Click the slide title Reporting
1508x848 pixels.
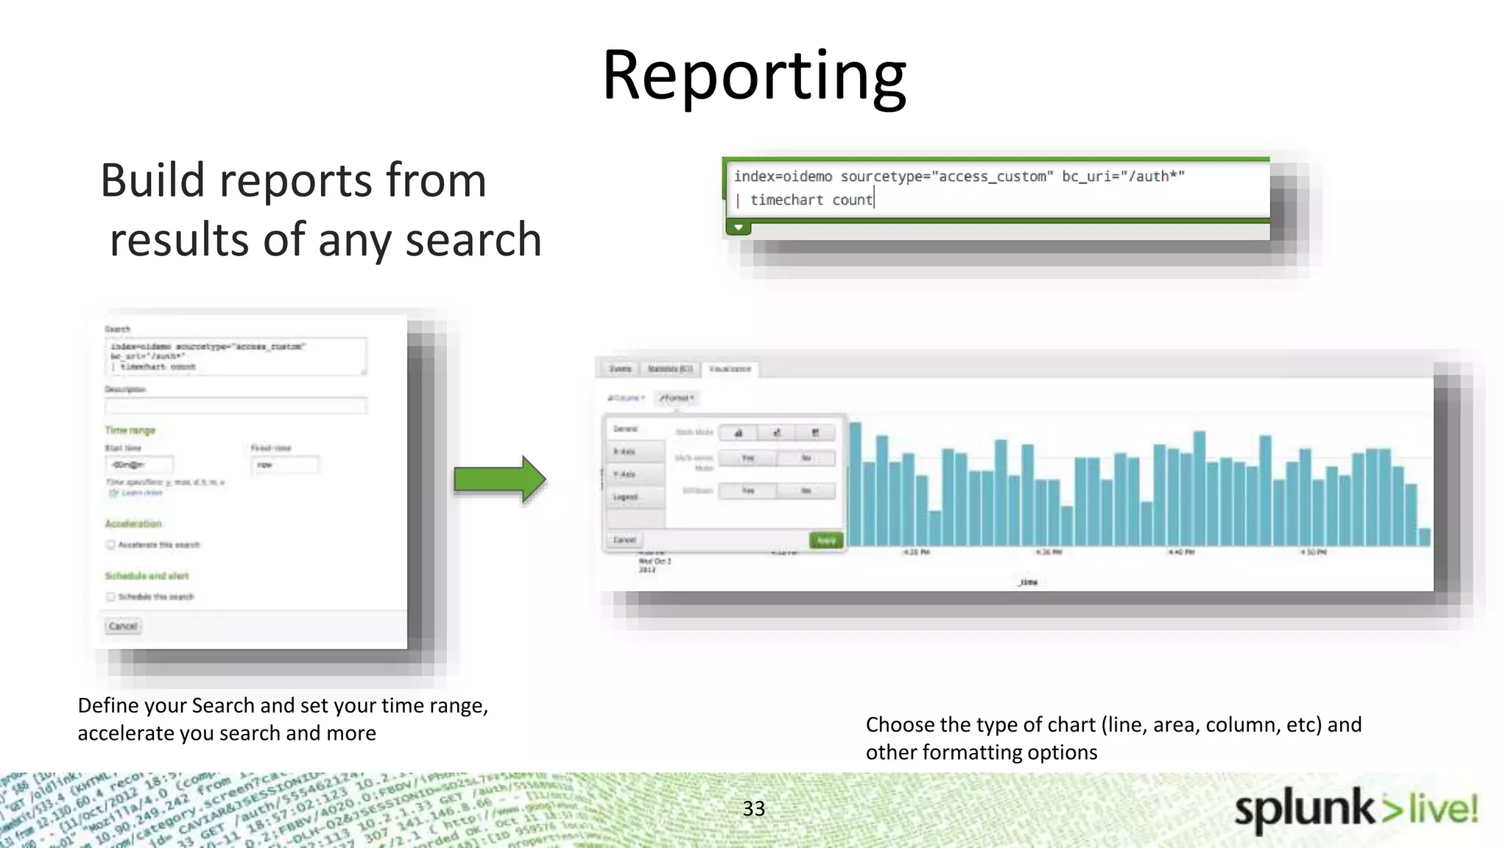click(x=754, y=76)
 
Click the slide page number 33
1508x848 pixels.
click(x=753, y=808)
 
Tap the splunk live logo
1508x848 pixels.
click(x=1356, y=810)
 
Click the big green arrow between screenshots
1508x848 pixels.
click(x=500, y=479)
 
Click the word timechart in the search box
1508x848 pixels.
click(x=786, y=200)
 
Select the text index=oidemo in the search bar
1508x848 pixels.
click(x=783, y=177)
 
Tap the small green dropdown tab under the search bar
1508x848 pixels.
click(x=739, y=227)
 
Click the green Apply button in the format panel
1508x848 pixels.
click(x=826, y=540)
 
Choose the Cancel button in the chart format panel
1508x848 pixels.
click(x=624, y=540)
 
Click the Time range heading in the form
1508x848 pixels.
click(x=130, y=431)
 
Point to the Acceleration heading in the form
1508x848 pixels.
click(x=133, y=524)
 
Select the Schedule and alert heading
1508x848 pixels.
click(x=147, y=576)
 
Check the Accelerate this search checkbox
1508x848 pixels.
click(x=110, y=545)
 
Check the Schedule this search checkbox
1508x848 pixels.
click(x=110, y=597)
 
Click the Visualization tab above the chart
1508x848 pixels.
click(x=730, y=369)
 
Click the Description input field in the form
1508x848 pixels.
click(x=236, y=406)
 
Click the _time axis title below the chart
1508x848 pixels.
click(x=1028, y=582)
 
